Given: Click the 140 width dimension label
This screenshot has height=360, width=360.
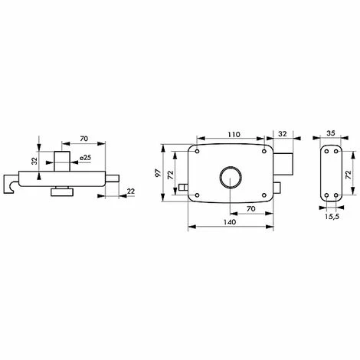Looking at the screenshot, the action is pyautogui.click(x=230, y=222).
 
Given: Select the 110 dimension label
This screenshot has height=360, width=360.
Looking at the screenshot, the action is pyautogui.click(x=234, y=134).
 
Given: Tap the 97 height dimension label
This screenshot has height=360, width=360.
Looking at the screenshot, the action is pyautogui.click(x=158, y=173).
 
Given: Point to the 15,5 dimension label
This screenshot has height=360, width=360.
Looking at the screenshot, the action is pyautogui.click(x=332, y=217).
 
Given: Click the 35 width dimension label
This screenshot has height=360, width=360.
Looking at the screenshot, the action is pyautogui.click(x=330, y=133).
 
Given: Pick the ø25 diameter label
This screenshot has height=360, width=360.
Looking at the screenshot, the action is pyautogui.click(x=86, y=158).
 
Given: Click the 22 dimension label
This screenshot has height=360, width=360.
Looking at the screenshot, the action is pyautogui.click(x=131, y=191).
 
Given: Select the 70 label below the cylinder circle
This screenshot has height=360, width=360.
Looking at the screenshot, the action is pyautogui.click(x=251, y=208).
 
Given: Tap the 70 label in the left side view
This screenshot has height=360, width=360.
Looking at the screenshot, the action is pyautogui.click(x=83, y=139).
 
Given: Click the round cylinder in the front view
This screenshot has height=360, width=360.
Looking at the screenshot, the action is pyautogui.click(x=231, y=178).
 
